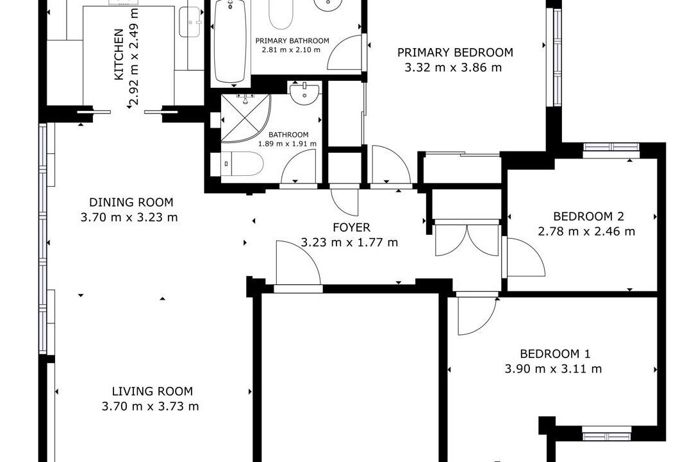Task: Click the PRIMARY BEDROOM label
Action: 455,53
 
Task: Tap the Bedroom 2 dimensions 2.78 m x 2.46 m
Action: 586,231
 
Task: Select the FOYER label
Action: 351,227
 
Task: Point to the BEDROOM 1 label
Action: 555,354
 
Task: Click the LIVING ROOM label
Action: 152,391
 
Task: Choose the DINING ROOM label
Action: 131,202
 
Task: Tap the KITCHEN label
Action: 119,55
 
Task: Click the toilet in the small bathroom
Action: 237,164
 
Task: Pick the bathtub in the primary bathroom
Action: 231,42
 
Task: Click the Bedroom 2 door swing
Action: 525,257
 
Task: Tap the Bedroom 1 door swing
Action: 477,315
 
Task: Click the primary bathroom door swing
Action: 345,53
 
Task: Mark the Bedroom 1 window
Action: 608,436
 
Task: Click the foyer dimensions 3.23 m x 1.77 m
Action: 349,242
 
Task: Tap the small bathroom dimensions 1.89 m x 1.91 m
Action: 287,144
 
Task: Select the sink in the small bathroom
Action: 304,93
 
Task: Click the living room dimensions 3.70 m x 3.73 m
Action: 150,406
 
